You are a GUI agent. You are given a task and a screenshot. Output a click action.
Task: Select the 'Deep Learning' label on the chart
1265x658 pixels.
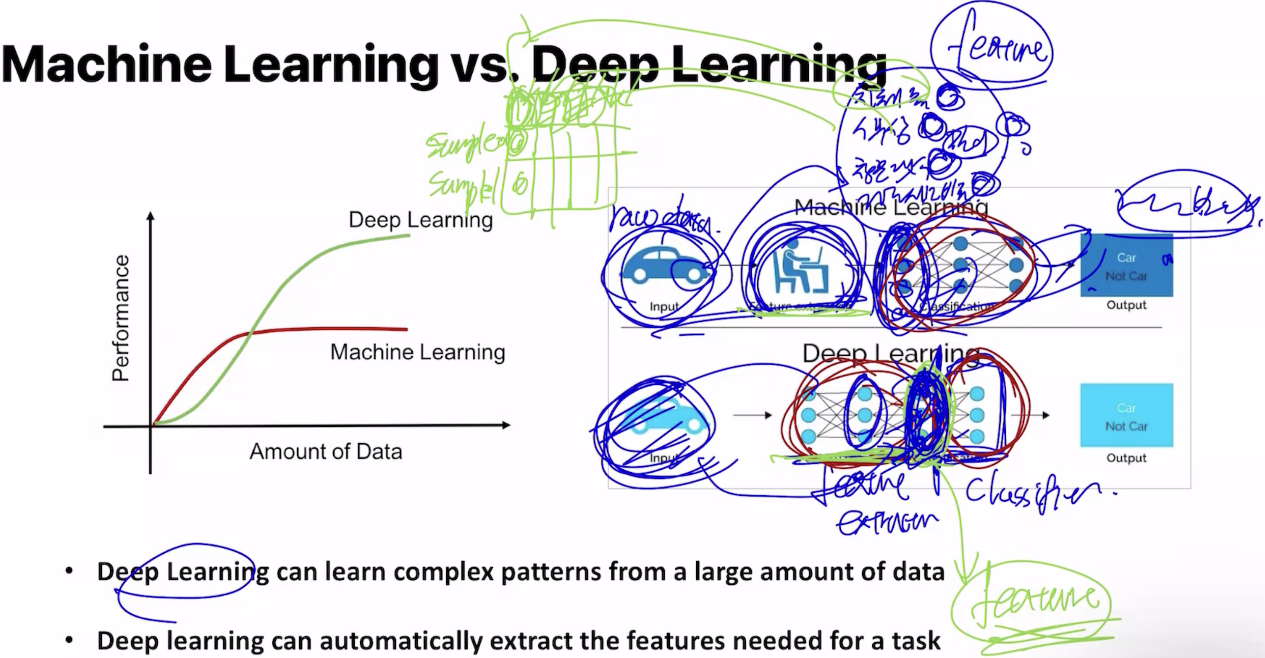421,220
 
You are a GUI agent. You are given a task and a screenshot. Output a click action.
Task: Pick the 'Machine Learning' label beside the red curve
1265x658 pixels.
417,352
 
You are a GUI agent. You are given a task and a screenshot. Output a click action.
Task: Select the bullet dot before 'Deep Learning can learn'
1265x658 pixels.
69,571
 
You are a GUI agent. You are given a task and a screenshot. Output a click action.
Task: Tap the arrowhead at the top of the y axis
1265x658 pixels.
151,216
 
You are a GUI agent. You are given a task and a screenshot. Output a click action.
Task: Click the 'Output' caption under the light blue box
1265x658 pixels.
1126,458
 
